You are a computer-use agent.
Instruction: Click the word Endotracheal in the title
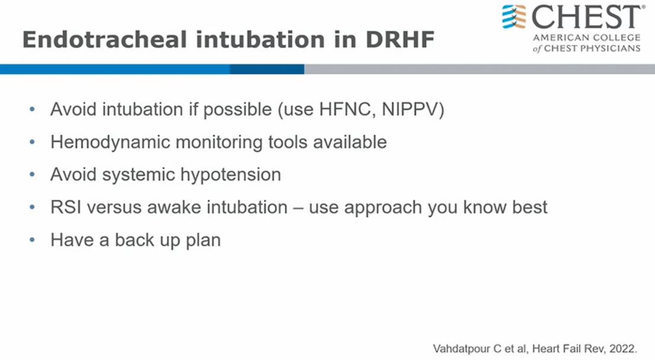pos(104,40)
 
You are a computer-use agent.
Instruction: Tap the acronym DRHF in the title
pos(400,40)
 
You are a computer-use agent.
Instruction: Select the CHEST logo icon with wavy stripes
pos(514,17)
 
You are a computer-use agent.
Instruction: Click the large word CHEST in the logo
pos(586,17)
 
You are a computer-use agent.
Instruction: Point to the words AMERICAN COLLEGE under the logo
pos(586,37)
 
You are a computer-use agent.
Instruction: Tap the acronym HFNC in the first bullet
pos(344,110)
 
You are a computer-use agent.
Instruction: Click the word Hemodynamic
pos(110,142)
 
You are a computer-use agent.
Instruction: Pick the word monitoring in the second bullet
pos(219,142)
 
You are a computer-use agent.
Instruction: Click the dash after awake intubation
pos(298,208)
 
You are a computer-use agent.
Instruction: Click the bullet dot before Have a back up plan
pos(32,240)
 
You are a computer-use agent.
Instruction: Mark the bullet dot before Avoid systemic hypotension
pos(32,175)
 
